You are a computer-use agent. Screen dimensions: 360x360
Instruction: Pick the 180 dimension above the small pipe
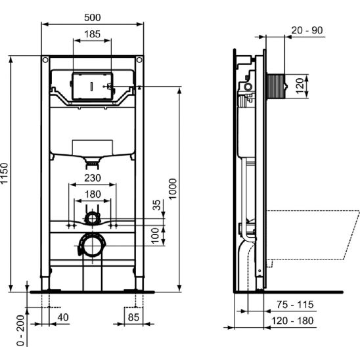(93, 194)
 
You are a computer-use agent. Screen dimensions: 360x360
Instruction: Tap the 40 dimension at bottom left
(62, 317)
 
